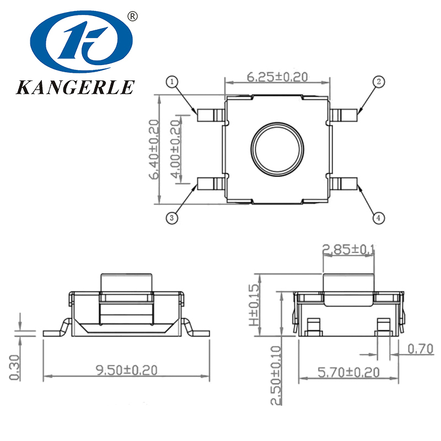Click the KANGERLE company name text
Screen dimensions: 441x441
(x=76, y=87)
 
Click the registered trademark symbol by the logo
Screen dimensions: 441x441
(x=132, y=16)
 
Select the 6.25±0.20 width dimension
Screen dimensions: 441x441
(x=277, y=77)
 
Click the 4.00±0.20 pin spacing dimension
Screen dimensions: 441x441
(x=176, y=149)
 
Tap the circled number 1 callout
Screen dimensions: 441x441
(x=173, y=82)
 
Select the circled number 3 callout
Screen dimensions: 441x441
(x=173, y=218)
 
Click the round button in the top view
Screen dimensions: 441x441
(x=277, y=148)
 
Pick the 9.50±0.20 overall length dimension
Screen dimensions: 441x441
(x=126, y=370)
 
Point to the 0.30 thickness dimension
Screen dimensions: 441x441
(x=15, y=367)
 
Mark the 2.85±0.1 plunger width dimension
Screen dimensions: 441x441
(x=348, y=250)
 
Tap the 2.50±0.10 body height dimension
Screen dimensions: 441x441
(x=276, y=375)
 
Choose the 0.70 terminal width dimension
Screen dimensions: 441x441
(x=421, y=348)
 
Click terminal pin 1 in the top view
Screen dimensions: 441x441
(x=209, y=115)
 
